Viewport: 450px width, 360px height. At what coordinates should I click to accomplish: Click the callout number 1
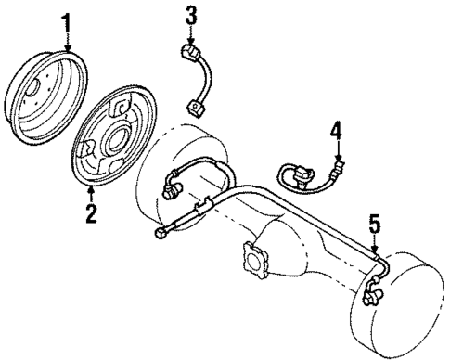coord(66,20)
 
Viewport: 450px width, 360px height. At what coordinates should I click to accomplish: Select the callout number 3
coord(191,14)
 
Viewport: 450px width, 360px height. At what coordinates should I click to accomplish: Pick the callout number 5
coord(374,223)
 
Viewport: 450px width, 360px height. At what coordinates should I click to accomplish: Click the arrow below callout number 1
coord(66,41)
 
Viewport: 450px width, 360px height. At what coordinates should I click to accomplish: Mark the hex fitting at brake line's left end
coord(161,235)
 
